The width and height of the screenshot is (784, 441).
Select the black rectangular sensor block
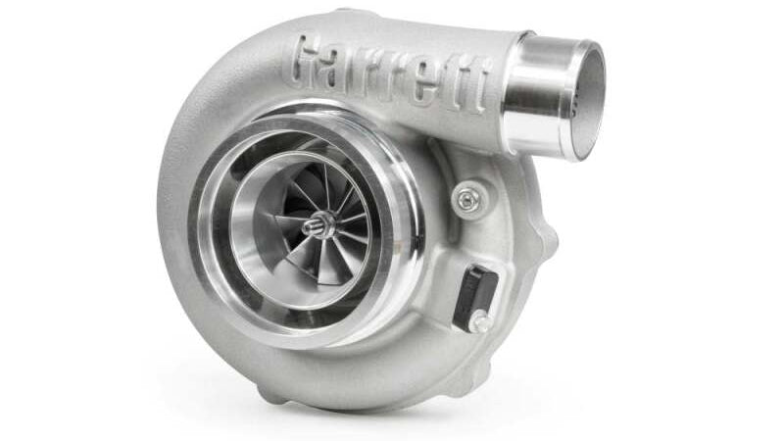[x=474, y=297]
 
